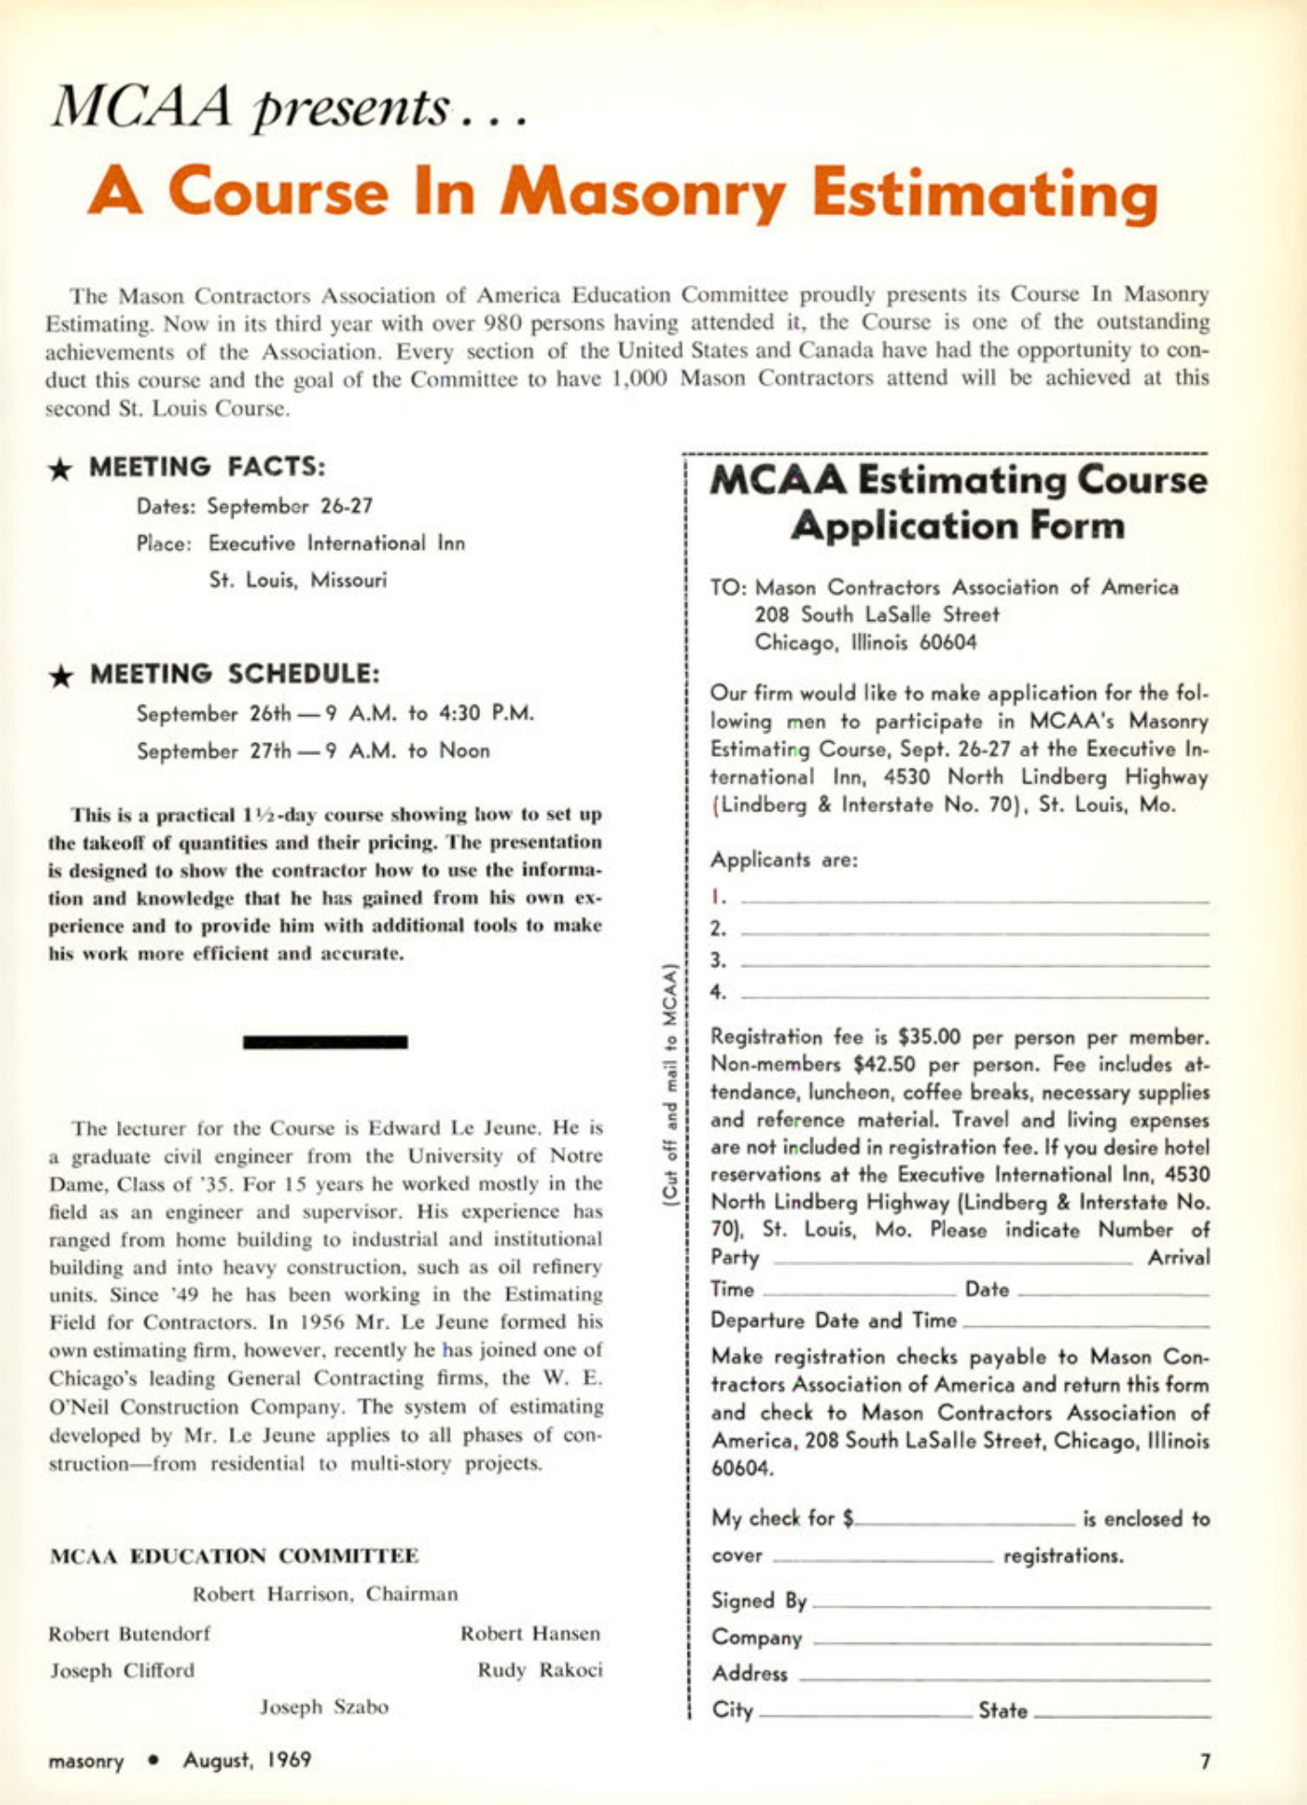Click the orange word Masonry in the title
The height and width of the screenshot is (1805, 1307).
pos(642,192)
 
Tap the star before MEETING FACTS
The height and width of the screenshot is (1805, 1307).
pos(61,469)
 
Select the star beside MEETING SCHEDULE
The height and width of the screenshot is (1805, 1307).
pos(61,675)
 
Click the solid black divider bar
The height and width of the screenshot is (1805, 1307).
pos(325,1042)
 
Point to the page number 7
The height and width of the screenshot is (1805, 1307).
pos(1204,1761)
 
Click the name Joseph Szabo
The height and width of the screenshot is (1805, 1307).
pos(324,1707)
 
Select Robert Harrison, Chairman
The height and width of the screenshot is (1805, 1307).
pos(325,1594)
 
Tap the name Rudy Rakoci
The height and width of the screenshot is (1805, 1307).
pos(540,1670)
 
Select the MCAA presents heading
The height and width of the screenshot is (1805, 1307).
pos(286,107)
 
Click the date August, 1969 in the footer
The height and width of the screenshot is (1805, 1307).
pos(246,1761)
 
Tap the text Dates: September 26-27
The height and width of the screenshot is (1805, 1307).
pos(255,507)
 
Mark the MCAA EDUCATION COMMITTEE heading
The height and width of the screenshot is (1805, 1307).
pos(234,1556)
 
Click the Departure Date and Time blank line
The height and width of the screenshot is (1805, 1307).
pos(1085,1325)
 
